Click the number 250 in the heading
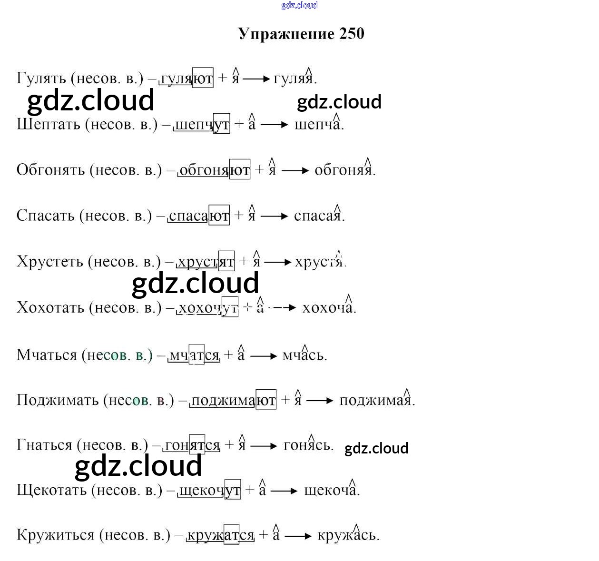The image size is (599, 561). (x=352, y=34)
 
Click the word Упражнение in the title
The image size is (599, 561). (x=286, y=34)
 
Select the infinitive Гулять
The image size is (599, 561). (x=41, y=78)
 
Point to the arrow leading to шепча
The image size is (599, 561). (x=275, y=125)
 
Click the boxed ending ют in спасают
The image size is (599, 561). (x=219, y=216)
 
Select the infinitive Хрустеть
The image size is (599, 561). (x=49, y=262)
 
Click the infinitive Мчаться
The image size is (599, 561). (x=47, y=355)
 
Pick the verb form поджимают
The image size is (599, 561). (x=233, y=401)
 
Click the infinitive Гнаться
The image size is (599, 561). (x=44, y=445)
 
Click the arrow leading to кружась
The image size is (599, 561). (x=298, y=536)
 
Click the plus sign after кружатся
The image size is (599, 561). (x=264, y=536)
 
